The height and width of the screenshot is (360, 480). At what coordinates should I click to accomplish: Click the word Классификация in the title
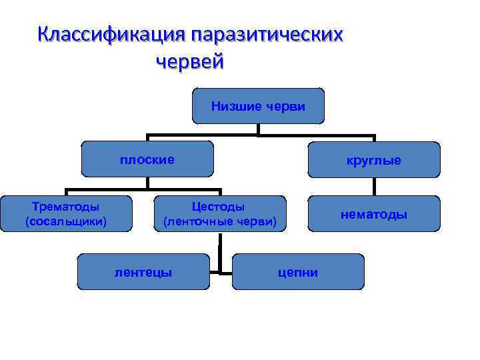[111, 34]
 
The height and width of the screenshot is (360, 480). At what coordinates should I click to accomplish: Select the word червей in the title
[191, 63]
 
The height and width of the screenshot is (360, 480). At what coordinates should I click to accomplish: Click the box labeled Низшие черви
[258, 106]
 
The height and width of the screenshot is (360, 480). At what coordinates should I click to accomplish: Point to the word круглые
[373, 161]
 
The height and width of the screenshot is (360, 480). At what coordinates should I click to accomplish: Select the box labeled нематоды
[374, 214]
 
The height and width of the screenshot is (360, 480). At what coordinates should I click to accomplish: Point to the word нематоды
[374, 214]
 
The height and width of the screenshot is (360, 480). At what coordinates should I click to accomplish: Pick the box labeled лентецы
[143, 271]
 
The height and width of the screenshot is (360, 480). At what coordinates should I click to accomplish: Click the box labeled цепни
[298, 271]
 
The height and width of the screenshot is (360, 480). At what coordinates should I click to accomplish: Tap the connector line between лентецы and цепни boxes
[221, 271]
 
